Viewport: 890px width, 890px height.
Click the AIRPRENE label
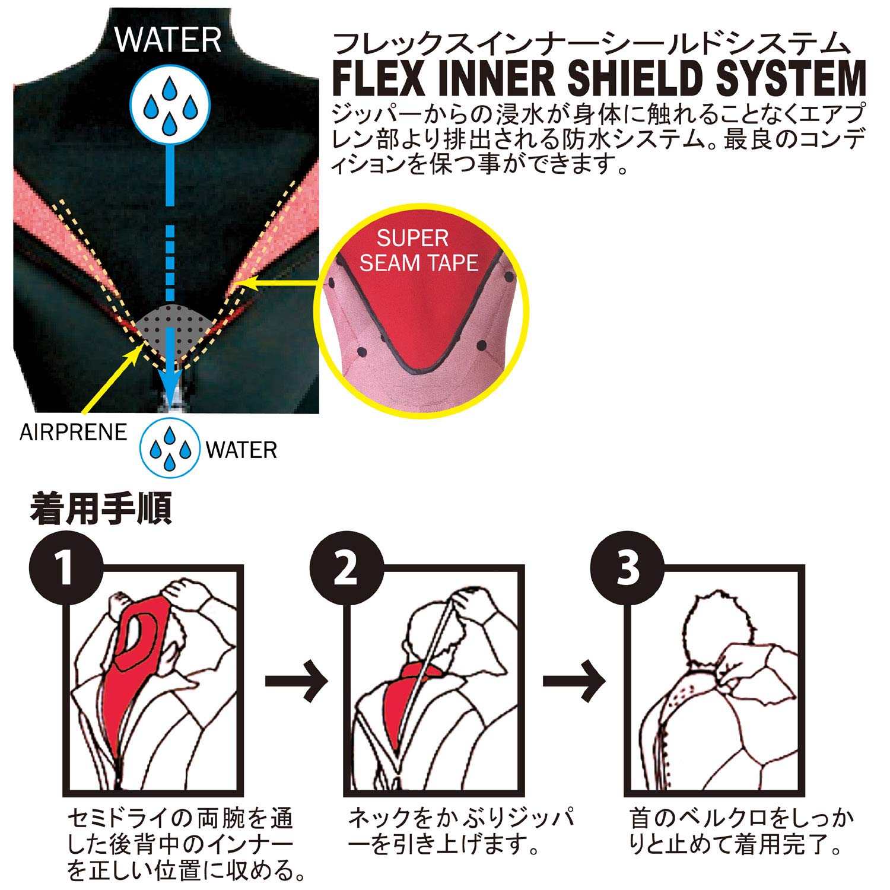click(73, 433)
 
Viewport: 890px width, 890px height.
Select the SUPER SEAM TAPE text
click(418, 250)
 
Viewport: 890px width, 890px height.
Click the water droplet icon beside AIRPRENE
click(170, 448)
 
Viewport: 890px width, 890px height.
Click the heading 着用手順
click(101, 508)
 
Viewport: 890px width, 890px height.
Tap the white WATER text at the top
click(169, 40)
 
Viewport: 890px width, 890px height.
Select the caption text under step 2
click(460, 831)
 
